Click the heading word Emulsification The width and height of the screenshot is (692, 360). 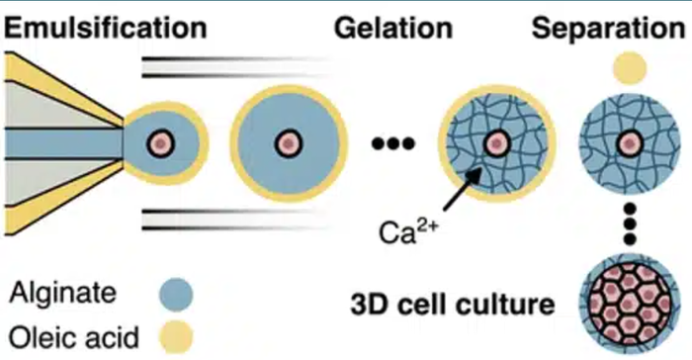pos(106,28)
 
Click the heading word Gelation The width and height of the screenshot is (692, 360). pos(393,28)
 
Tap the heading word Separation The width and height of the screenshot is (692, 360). pos(609,29)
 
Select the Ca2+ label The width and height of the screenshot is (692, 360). pos(407,231)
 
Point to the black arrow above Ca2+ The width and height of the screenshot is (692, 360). pos(462,189)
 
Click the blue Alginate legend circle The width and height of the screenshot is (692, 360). pos(176,294)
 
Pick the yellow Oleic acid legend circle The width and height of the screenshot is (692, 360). pos(176,337)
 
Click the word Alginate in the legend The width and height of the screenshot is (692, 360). pos(63,293)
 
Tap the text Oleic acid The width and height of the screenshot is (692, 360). pos(74,337)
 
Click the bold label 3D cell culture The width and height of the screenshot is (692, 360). pos(453,305)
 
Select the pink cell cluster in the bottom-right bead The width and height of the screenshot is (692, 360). pos(630,304)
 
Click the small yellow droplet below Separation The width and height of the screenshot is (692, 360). pos(630,68)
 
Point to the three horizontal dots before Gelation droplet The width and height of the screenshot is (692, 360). pos(393,143)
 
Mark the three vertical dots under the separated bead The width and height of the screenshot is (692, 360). pos(630,224)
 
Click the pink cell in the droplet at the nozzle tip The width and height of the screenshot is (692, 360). pos(160,143)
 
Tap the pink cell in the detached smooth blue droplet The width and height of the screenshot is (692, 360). pos(289,143)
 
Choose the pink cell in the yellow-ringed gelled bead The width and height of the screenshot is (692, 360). pos(497,143)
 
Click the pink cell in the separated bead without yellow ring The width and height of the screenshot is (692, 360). pos(630,143)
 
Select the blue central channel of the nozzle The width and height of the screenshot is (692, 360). pos(64,143)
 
